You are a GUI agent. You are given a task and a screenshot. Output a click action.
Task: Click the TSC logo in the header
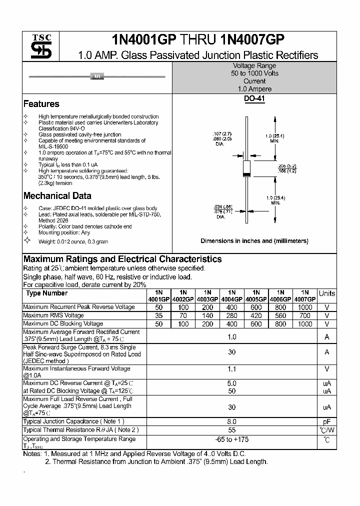coord(38,47)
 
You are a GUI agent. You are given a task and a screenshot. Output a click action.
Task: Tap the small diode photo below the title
coord(97,76)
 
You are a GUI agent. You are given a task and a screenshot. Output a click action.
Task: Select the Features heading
coord(41,104)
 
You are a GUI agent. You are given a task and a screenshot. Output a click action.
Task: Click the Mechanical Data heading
coord(57,196)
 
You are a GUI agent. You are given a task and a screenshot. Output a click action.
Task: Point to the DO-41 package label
coord(254,99)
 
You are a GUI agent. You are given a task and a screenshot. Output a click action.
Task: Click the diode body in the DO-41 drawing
coord(246,168)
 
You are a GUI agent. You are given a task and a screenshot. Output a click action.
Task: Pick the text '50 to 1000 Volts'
coord(254,73)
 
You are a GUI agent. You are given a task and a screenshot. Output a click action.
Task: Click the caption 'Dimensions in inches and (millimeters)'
coord(254,241)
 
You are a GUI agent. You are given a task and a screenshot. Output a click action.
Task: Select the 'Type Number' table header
coord(46,293)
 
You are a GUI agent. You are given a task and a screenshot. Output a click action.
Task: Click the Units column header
coord(327,293)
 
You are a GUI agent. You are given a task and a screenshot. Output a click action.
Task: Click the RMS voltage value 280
coord(232,316)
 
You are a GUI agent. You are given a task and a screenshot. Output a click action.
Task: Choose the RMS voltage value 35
coord(159,316)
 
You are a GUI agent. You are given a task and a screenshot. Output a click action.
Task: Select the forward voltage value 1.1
coord(232,369)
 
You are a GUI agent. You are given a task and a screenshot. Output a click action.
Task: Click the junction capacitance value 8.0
coord(232,422)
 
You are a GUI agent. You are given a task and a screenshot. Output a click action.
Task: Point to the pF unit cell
coord(327,422)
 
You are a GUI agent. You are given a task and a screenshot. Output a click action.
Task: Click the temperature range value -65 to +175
coord(232,439)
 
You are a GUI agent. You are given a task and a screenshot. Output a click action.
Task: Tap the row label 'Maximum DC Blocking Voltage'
coord(63,324)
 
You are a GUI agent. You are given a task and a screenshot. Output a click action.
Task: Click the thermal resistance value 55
coord(232,430)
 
